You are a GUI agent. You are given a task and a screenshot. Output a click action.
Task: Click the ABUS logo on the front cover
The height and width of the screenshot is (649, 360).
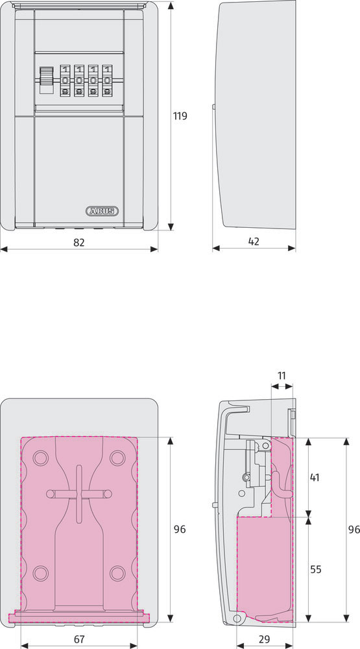[102, 211]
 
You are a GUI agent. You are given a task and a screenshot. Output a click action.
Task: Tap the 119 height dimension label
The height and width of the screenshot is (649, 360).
[180, 116]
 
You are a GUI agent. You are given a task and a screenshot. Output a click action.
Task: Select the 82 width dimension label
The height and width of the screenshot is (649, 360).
[79, 243]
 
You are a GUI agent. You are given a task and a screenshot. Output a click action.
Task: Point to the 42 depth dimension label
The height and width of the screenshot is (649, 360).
[254, 241]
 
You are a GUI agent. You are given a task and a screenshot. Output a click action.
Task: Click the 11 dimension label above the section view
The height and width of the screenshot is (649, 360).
[282, 376]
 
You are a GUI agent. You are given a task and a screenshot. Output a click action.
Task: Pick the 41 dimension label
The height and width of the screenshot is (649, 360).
[315, 477]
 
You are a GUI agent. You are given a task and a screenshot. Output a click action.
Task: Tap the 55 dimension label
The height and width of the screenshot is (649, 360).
[316, 570]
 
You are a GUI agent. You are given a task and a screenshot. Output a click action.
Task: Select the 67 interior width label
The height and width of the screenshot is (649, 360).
[79, 639]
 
